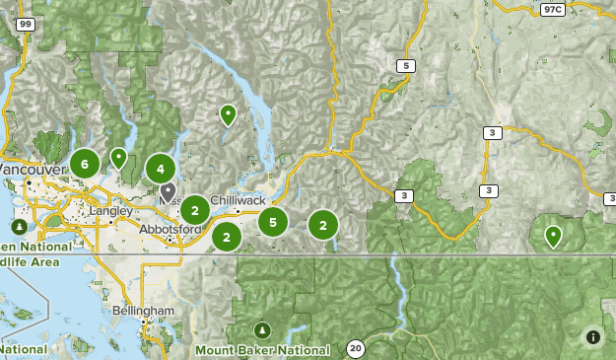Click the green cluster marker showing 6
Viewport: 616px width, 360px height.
85,164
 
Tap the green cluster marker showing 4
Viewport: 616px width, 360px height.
161,170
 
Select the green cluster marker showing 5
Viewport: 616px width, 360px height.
273,222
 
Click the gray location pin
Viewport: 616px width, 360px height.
169,190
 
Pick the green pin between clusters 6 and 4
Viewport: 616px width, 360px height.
118,157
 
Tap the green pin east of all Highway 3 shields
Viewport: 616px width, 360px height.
554,236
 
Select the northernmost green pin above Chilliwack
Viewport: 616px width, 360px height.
228,115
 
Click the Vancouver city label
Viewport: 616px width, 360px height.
30,170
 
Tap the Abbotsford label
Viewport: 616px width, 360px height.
170,230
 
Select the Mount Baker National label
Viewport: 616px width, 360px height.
262,350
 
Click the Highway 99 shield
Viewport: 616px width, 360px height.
25,24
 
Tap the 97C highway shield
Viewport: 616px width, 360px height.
553,9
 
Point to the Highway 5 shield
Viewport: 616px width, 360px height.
405,66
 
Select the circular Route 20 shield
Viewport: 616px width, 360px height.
355,347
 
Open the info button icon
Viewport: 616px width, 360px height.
592,336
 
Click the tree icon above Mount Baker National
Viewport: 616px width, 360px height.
261,329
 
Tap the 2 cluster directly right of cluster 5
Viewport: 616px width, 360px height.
322,225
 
